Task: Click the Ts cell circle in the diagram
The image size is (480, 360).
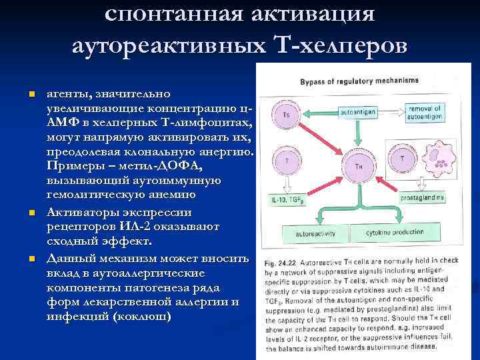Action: coord(287,115)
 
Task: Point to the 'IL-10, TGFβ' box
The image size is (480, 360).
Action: coord(285,199)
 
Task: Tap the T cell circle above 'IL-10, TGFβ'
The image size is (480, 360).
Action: coord(287,162)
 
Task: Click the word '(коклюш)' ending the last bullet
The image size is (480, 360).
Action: coord(142,316)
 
